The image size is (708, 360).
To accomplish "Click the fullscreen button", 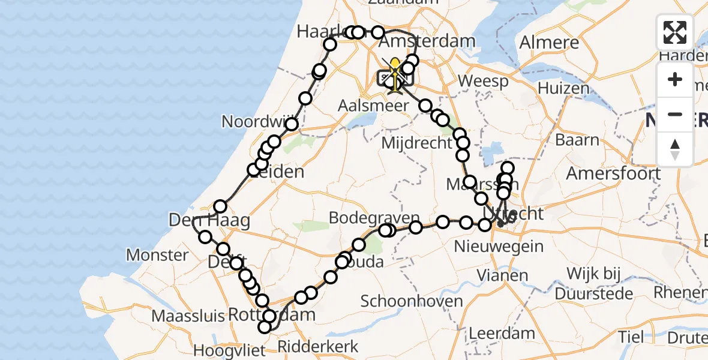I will pos(675,32).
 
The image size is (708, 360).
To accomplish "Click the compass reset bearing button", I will pos(675,148).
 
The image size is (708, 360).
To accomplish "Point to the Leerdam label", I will pos(493,332).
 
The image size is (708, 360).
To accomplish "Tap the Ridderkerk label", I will pos(318,346).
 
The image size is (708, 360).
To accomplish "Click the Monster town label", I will pos(157,255).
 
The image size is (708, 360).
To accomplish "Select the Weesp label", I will pos(482,81).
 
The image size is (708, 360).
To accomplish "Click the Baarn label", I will pos(577,140).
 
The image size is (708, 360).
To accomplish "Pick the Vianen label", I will pos(503,276).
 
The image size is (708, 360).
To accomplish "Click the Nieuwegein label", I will pos(499,246).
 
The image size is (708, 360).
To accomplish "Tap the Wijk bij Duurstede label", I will pos(594,284).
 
